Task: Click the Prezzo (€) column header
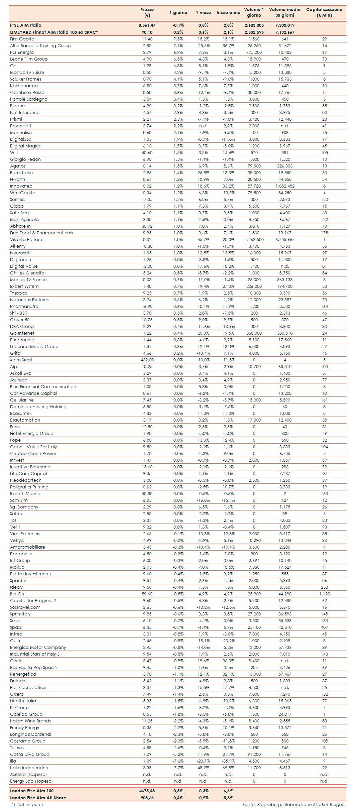(147, 12)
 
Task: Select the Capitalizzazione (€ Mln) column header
(324, 12)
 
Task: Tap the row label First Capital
(23, 39)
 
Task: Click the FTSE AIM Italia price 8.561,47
(147, 25)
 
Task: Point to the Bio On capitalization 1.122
(324, 594)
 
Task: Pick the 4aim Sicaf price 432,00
(147, 360)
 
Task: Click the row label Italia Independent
(30, 768)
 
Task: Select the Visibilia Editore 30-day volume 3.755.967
(285, 240)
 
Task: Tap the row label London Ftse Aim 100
(32, 791)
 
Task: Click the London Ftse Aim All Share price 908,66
(147, 798)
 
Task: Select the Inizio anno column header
(228, 13)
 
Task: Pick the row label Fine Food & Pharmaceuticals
(41, 233)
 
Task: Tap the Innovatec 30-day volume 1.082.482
(285, 186)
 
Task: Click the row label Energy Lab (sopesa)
(31, 781)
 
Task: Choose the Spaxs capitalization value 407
(324, 627)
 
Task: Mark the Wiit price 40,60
(147, 153)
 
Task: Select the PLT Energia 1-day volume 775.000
(254, 52)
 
